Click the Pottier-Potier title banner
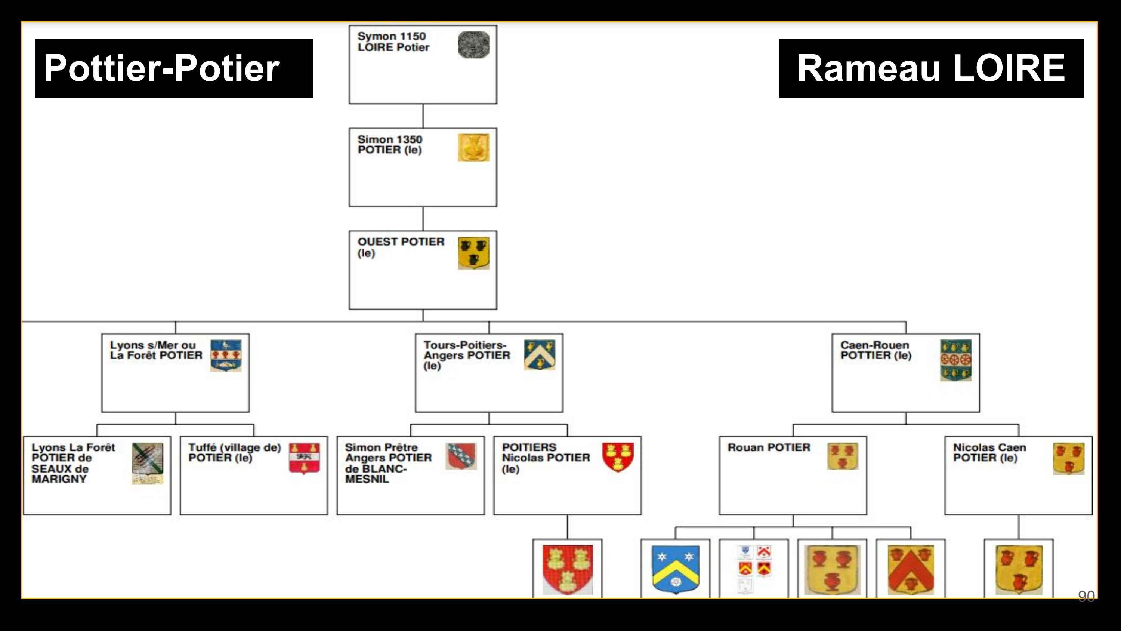[173, 68]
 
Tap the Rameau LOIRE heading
[930, 68]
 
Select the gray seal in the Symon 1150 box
[473, 44]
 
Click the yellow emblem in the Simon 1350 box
[473, 148]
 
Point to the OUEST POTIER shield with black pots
[473, 253]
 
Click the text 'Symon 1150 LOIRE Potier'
[393, 42]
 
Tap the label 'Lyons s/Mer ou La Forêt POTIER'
[156, 350]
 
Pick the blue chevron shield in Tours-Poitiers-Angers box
[539, 355]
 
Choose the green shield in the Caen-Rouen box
[955, 360]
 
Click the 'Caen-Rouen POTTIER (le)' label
[876, 350]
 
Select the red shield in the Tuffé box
[304, 459]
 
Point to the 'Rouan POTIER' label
[769, 448]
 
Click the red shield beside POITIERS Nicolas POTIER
[618, 457]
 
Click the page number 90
[1086, 596]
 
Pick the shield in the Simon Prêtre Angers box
[461, 456]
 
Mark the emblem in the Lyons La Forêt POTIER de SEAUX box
[148, 463]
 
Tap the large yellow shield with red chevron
[910, 570]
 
